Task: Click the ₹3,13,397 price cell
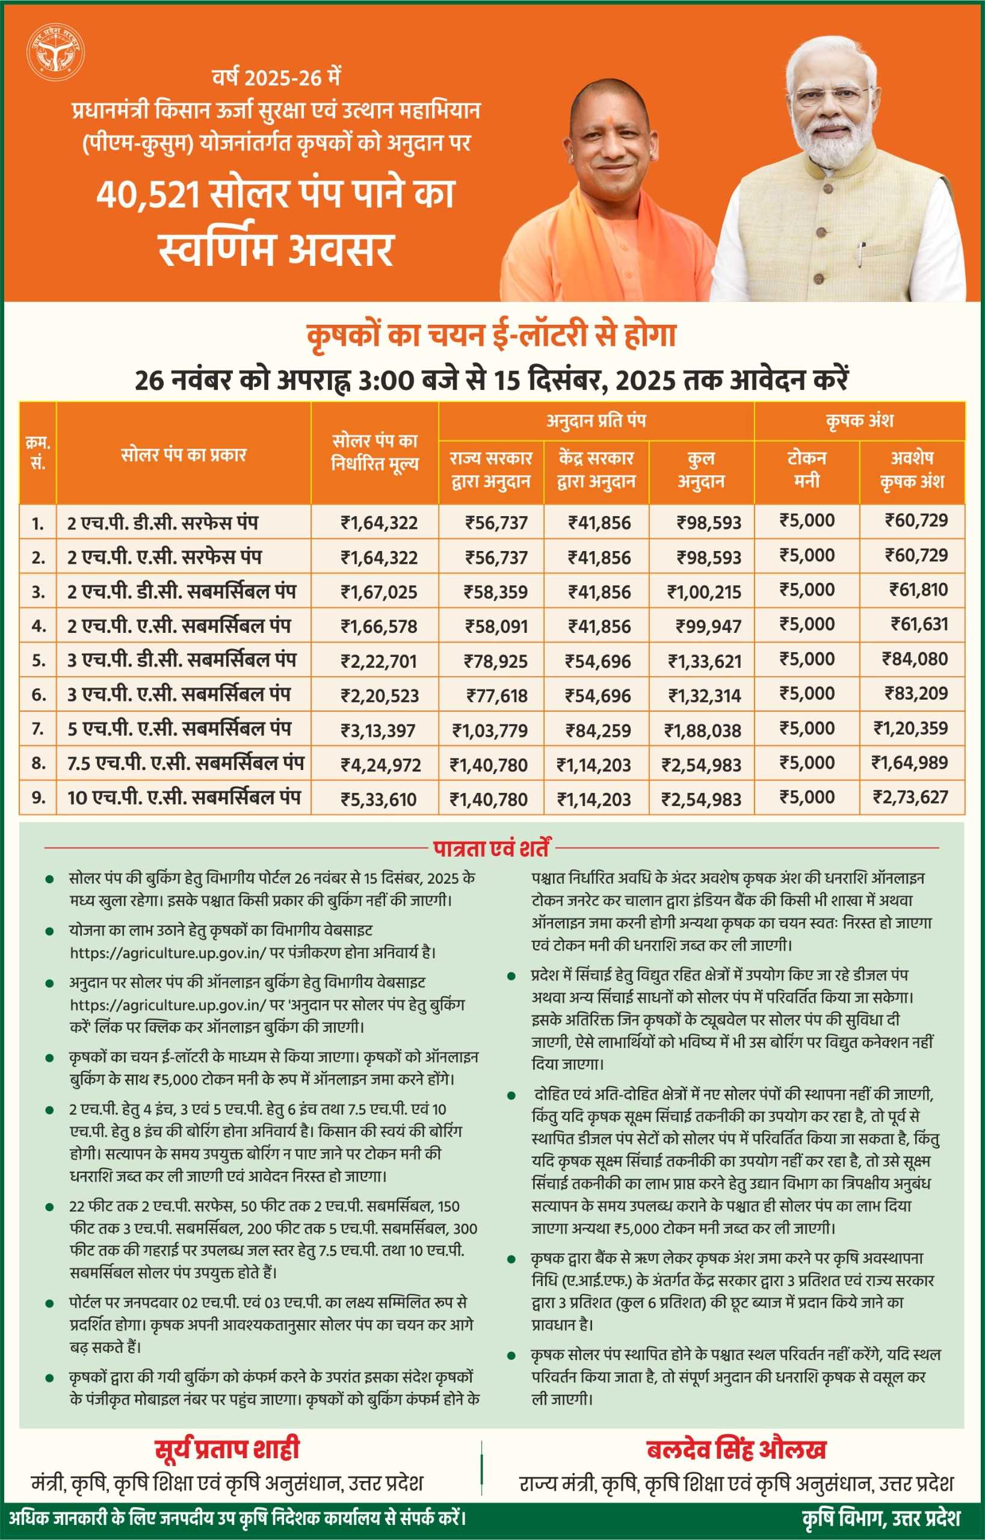(x=378, y=730)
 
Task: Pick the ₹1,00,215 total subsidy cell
(x=703, y=592)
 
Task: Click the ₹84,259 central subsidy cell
(x=598, y=730)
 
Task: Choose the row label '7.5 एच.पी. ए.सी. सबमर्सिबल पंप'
(x=185, y=763)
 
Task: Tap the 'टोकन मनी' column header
(x=806, y=469)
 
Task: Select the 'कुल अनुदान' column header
(x=701, y=469)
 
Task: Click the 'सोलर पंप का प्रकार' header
(x=184, y=455)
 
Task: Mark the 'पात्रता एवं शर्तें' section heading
(x=491, y=848)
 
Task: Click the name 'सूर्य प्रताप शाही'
(x=227, y=1449)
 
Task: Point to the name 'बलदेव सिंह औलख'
(x=736, y=1449)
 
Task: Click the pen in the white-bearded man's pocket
(x=862, y=253)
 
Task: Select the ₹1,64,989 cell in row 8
(x=909, y=762)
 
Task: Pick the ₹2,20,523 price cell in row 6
(x=379, y=695)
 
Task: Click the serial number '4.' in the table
(x=39, y=626)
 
